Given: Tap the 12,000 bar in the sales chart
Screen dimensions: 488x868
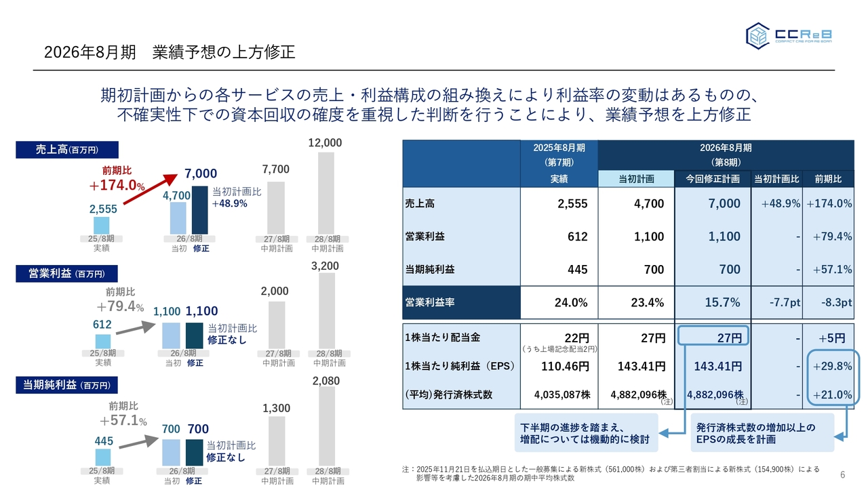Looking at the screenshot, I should (x=326, y=193).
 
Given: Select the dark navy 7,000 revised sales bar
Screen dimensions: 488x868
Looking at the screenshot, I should (x=199, y=210).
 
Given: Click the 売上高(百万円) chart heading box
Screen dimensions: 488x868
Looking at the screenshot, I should (x=67, y=150).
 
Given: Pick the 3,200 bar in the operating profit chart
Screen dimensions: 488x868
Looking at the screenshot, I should (x=326, y=312).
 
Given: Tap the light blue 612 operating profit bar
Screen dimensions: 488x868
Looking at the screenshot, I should (x=102, y=341).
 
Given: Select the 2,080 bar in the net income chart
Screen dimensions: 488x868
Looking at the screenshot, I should (x=326, y=427).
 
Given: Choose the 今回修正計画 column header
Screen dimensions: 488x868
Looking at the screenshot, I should (x=712, y=179).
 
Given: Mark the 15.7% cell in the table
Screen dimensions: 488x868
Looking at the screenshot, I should (x=713, y=302).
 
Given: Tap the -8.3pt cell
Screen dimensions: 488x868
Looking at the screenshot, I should (x=828, y=302).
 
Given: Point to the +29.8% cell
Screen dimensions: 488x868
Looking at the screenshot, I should (x=828, y=367).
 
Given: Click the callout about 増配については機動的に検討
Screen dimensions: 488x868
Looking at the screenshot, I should (x=585, y=433).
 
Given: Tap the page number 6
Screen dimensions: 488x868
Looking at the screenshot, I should (x=842, y=474).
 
